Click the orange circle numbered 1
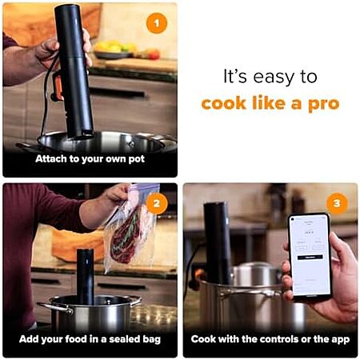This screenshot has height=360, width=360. [157, 23]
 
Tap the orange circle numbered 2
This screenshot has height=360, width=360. [157, 204]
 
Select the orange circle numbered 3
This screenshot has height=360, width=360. [337, 204]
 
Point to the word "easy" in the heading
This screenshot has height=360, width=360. [274, 78]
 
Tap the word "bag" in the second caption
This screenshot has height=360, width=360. [152, 340]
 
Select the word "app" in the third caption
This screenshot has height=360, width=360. [341, 340]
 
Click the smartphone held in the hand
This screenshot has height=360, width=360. [310, 257]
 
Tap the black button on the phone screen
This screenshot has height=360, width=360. [310, 257]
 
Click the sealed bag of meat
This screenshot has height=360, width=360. [130, 230]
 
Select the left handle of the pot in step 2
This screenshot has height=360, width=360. [55, 308]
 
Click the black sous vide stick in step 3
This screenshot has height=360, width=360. [218, 243]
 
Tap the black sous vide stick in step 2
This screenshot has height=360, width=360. [86, 277]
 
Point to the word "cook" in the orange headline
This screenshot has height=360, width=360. [223, 103]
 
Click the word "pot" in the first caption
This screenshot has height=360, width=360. [137, 159]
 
